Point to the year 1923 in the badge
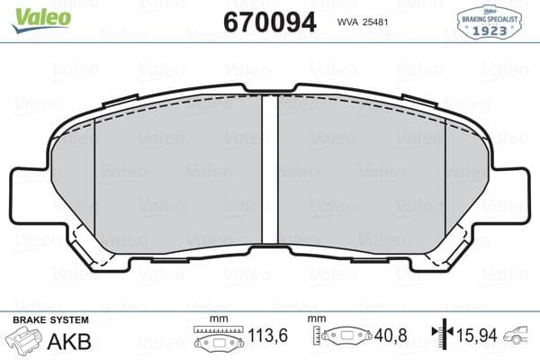[491, 28]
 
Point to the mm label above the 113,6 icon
[217, 320]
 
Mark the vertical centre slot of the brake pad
[269, 171]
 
